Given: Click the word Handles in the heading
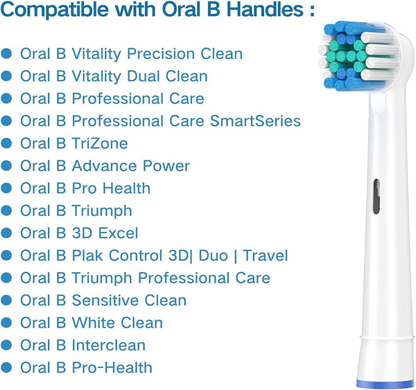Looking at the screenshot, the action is click(265, 9).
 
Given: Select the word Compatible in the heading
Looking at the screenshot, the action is click(54, 10).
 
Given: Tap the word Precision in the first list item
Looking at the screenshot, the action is click(162, 53).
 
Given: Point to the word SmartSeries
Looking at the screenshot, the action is click(255, 121).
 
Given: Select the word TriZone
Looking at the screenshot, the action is click(100, 144).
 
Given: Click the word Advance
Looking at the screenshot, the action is click(105, 166).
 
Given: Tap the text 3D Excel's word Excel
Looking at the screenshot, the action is click(118, 233).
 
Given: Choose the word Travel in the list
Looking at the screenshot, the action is click(266, 255).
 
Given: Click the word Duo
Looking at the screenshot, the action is click(214, 255).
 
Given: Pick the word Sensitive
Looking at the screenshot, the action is click(105, 300).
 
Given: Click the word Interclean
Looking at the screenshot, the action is click(109, 345).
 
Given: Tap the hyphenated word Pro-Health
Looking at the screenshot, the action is click(112, 368).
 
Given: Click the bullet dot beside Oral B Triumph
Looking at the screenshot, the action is click(6, 211).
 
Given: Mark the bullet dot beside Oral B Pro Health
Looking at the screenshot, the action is click(6, 188).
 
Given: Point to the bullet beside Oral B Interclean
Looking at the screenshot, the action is click(6, 345).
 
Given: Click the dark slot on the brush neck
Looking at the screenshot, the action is click(376, 196).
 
